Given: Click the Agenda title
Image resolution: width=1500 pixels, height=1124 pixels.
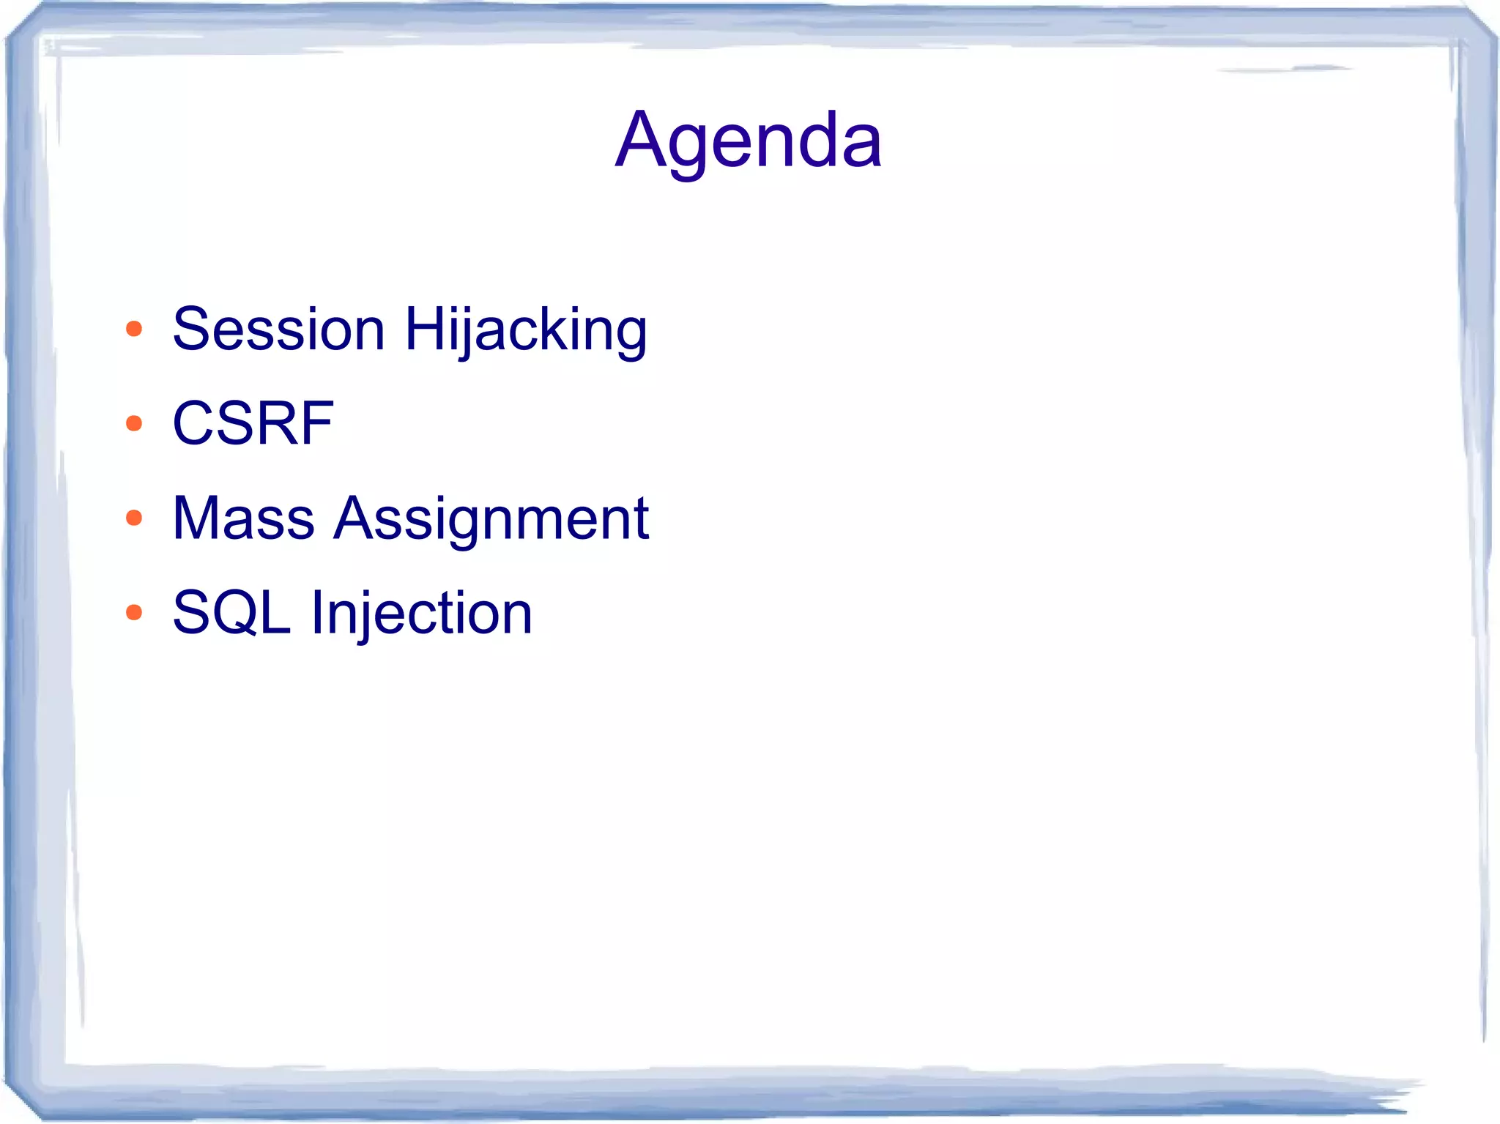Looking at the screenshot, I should point(749,140).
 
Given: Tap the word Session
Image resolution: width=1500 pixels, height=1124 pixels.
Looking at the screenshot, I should point(278,329).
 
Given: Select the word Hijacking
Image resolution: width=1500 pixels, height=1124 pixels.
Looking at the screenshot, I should point(525,330).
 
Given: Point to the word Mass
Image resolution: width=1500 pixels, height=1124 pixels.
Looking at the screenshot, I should point(243,518).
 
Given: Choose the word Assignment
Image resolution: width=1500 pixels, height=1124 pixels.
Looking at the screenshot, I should point(491,520).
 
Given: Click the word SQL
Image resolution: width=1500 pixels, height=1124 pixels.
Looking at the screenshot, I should point(231,612).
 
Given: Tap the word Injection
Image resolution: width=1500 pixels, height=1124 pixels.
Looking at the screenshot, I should point(421,614).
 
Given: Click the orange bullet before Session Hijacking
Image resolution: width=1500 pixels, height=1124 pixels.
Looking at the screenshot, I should point(133,329).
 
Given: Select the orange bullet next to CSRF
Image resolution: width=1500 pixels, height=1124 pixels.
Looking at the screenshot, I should point(133,423).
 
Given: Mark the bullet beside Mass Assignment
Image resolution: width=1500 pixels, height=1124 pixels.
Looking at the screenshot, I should point(133,518).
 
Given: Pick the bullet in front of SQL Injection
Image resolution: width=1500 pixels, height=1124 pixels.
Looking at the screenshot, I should point(133,612).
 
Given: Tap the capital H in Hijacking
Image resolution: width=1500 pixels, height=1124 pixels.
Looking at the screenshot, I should point(426,329).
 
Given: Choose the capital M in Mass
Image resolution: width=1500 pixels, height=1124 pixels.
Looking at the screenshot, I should point(196,518).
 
